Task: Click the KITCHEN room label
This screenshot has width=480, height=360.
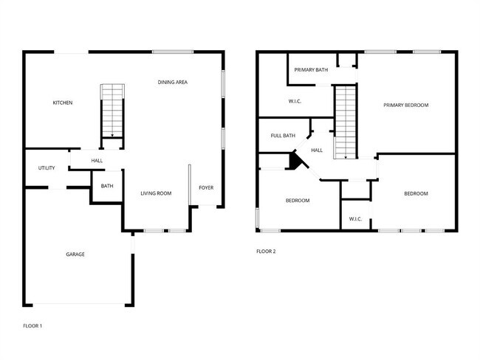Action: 62,103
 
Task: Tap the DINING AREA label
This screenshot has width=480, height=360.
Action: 172,82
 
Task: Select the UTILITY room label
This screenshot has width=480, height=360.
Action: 47,168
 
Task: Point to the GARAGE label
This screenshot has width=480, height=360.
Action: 75,255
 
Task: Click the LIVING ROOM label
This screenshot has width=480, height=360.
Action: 156,193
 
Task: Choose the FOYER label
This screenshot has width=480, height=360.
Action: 206,187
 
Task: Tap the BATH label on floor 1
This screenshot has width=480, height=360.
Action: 107,186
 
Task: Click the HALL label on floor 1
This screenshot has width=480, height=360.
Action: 97,161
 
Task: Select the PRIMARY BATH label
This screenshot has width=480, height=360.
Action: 311,70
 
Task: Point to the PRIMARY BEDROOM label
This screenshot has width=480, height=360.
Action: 405,105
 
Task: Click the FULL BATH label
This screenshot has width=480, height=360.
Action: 283,136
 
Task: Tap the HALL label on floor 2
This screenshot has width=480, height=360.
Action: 317,150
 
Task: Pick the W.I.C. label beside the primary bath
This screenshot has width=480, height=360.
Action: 295,101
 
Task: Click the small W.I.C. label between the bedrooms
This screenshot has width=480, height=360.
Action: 354,218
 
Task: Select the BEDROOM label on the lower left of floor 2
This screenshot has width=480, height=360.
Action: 298,201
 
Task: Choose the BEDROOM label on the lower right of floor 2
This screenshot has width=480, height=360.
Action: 416,194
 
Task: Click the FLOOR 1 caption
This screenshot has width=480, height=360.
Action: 32,325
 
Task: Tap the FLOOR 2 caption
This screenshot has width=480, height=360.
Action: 266,252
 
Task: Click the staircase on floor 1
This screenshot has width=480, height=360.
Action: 112,111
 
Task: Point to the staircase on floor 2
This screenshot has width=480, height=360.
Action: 345,122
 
